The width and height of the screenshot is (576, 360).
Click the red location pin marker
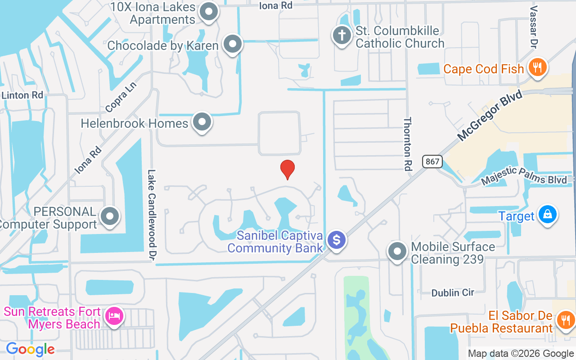point(288,170)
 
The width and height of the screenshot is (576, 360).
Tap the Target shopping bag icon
point(547,215)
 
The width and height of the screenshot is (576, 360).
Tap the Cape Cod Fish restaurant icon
point(536,67)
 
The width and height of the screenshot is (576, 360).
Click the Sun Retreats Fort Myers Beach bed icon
point(114,316)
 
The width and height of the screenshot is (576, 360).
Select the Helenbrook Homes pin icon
point(202,121)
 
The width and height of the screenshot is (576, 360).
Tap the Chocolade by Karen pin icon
point(233,44)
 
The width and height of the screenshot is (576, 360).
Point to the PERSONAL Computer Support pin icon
point(109,216)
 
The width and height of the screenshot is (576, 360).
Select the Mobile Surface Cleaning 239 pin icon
point(397,251)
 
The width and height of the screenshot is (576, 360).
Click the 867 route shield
point(432,162)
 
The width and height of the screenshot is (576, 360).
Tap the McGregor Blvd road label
point(490,115)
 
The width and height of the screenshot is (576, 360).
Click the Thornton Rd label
point(408,143)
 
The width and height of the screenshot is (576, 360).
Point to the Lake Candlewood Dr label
point(152,214)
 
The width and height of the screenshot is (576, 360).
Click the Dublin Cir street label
point(453,292)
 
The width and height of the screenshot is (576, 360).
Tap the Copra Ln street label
point(121,97)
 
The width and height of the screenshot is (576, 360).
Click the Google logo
point(30,349)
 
